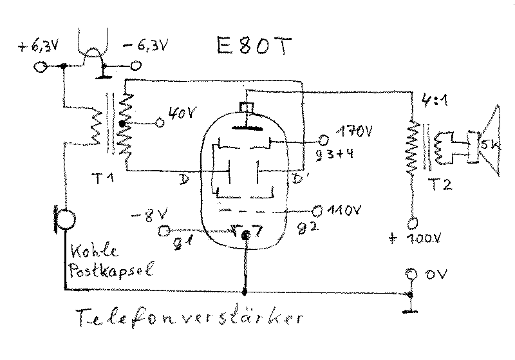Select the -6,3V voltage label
coord(149,46)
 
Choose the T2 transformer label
coord(442,185)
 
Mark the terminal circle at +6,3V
coord(41,66)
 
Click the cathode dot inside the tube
coord(245,235)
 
